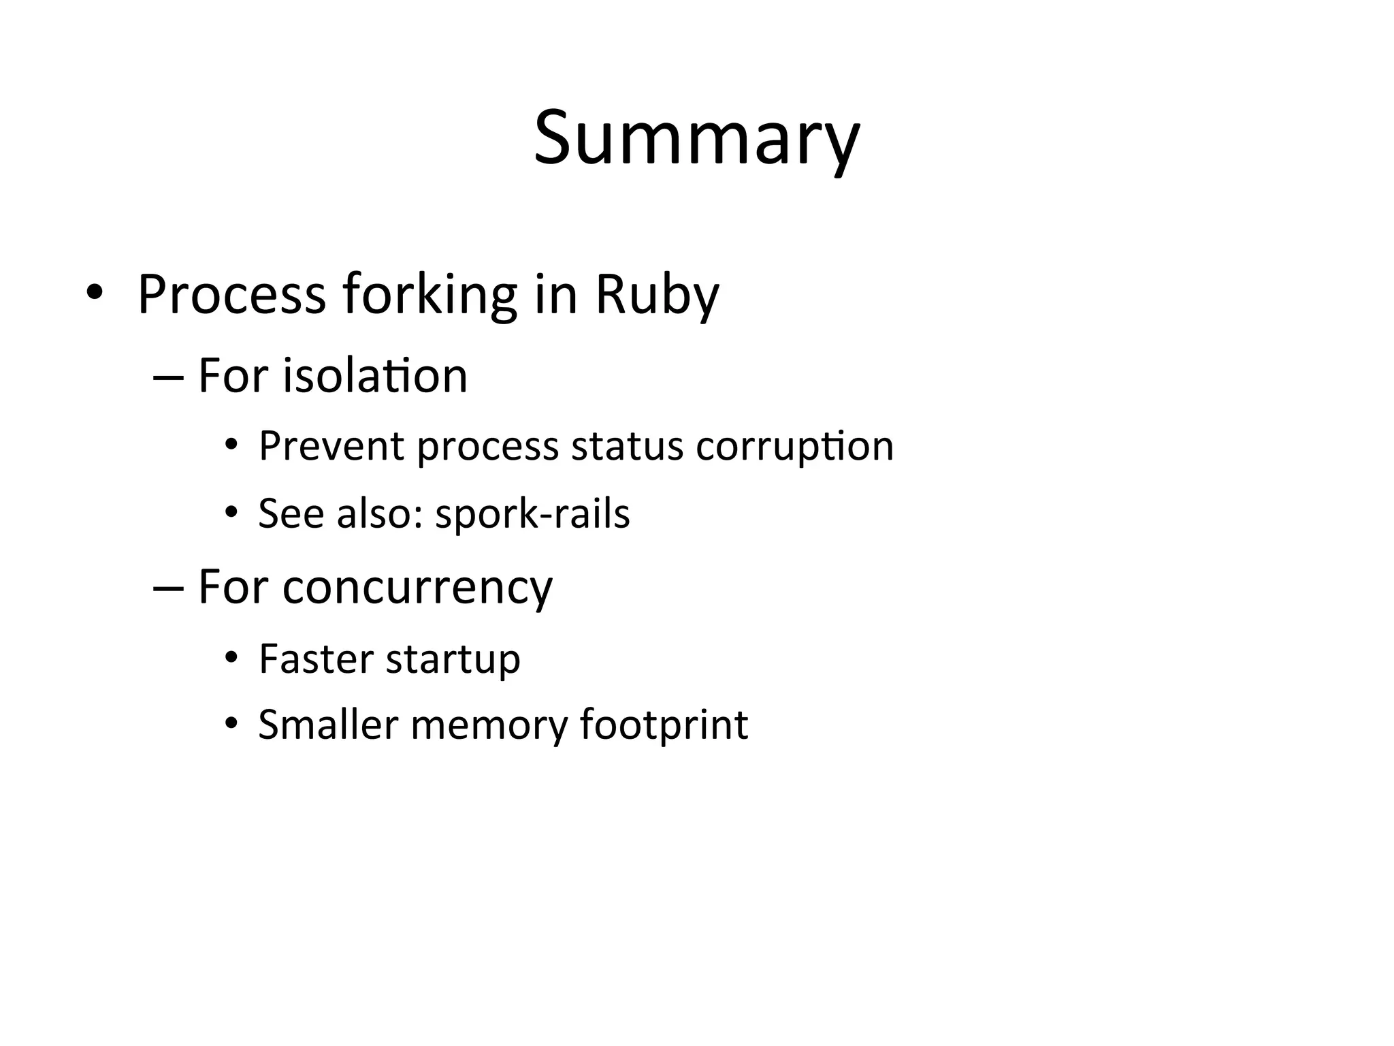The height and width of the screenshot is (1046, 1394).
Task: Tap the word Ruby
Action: pyautogui.click(x=656, y=295)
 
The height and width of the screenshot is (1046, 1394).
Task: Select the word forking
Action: pyautogui.click(x=429, y=295)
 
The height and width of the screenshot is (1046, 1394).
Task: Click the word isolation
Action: pyautogui.click(x=375, y=376)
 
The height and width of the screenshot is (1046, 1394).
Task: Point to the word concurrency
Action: pyautogui.click(x=417, y=587)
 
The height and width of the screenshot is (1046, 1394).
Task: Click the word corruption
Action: pyautogui.click(x=794, y=447)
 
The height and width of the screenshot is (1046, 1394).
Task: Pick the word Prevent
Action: pyautogui.click(x=331, y=447)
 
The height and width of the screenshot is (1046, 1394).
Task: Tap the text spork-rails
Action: pyautogui.click(x=532, y=513)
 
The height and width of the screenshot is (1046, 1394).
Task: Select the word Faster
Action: pyautogui.click(x=316, y=659)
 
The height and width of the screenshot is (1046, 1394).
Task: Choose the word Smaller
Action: pyautogui.click(x=328, y=725)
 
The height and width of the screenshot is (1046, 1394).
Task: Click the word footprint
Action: pyautogui.click(x=664, y=725)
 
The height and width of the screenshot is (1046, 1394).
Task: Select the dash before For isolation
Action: pyautogui.click(x=169, y=377)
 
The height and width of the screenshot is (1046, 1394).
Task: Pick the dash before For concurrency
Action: pyautogui.click(x=169, y=588)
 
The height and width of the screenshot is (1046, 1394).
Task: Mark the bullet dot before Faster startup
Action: pyautogui.click(x=231, y=657)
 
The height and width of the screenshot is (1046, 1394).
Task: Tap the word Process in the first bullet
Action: pyautogui.click(x=231, y=295)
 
